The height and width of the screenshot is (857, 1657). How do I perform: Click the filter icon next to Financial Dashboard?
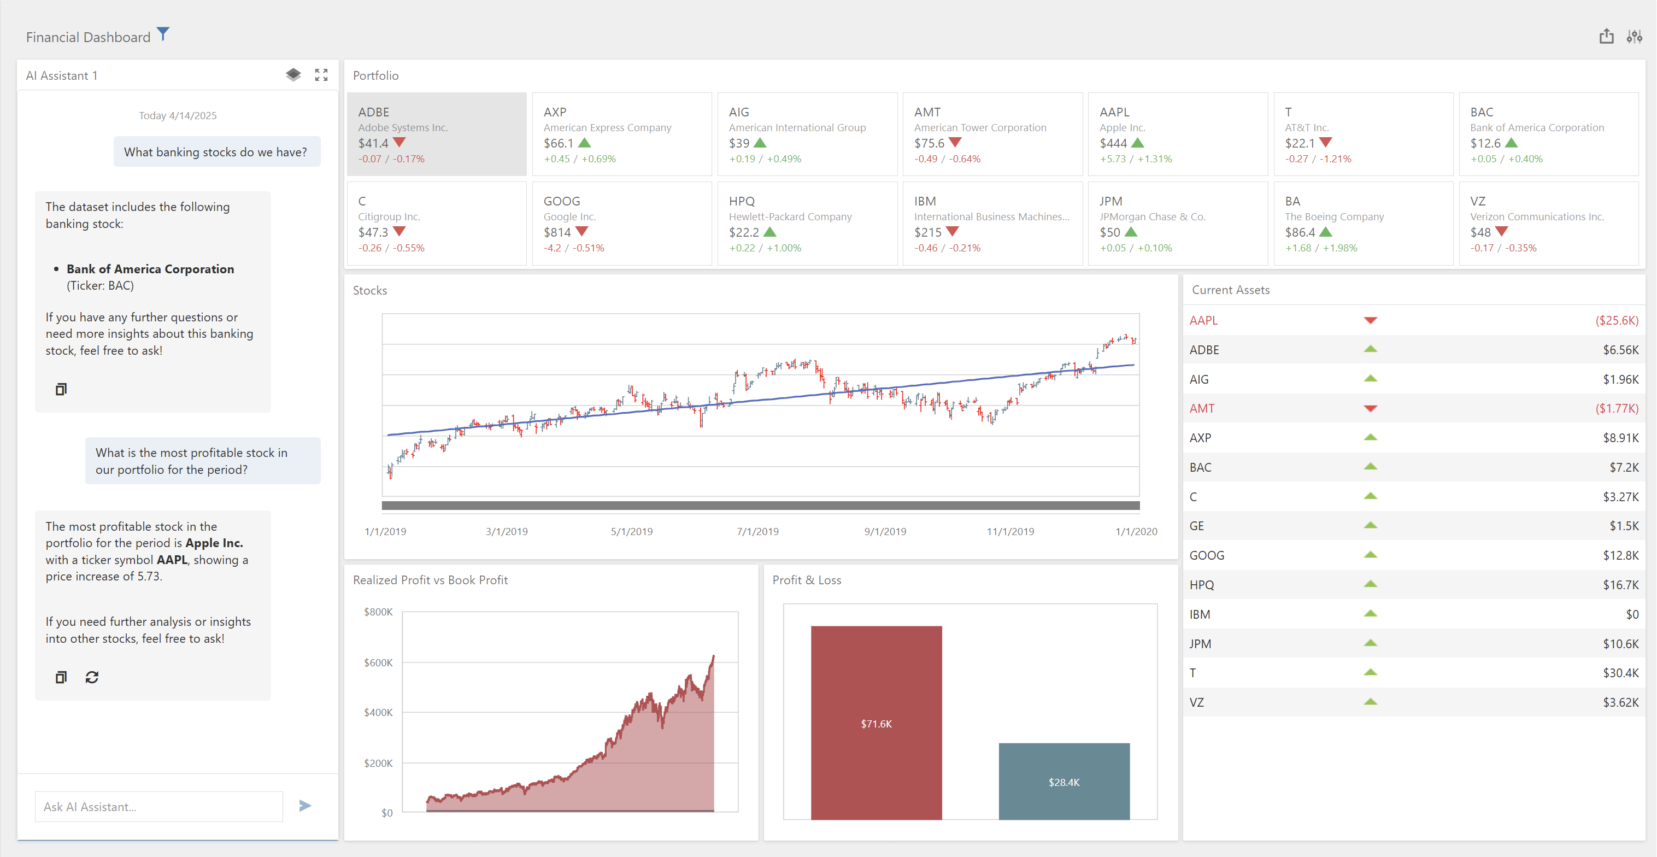click(x=163, y=34)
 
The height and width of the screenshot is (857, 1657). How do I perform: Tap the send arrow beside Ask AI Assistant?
click(x=305, y=806)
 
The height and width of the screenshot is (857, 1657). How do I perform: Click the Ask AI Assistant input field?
click(x=158, y=806)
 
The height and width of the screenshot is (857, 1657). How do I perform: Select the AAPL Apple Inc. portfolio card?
click(x=1177, y=134)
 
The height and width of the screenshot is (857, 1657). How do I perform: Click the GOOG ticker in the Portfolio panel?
click(x=562, y=201)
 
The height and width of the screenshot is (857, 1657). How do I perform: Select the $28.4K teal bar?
click(x=1064, y=781)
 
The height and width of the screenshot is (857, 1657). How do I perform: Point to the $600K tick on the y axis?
click(x=378, y=662)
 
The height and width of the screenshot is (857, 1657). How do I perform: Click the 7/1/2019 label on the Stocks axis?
click(x=757, y=531)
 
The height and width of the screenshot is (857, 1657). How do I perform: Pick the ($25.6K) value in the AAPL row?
click(x=1617, y=320)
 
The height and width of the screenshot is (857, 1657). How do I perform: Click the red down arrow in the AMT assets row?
click(x=1370, y=409)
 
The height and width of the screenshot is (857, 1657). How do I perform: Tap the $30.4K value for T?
click(x=1620, y=673)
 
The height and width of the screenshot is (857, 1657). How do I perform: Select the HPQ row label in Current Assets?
click(x=1202, y=585)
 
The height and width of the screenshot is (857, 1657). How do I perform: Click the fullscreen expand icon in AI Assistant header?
click(x=321, y=75)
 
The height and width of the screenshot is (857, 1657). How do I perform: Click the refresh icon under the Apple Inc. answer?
click(x=92, y=677)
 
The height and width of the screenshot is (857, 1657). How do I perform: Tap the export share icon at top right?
click(x=1606, y=37)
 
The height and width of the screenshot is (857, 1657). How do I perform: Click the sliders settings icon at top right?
click(x=1634, y=37)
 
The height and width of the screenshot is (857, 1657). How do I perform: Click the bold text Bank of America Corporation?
click(x=150, y=269)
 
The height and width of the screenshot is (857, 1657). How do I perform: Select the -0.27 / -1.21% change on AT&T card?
click(x=1318, y=159)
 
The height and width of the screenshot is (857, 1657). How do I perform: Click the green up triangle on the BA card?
click(x=1326, y=232)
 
